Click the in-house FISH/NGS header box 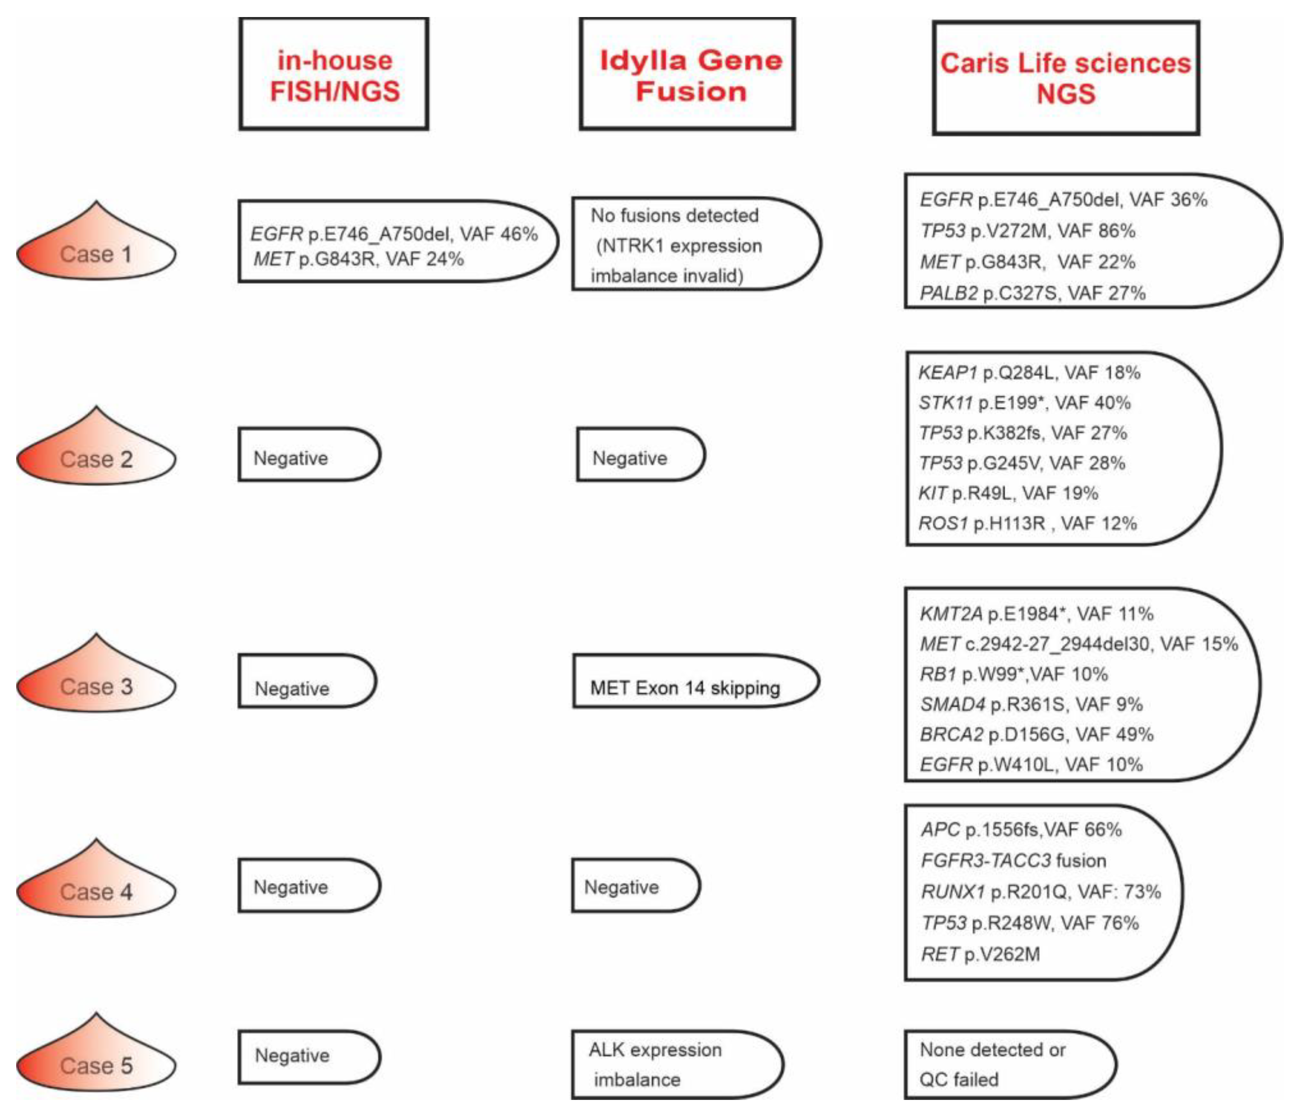[334, 75]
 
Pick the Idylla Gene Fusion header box [688, 75]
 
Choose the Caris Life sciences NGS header [1065, 78]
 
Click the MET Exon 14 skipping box [685, 688]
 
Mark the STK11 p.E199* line [1024, 402]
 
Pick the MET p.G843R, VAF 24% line [358, 259]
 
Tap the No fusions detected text [675, 215]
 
